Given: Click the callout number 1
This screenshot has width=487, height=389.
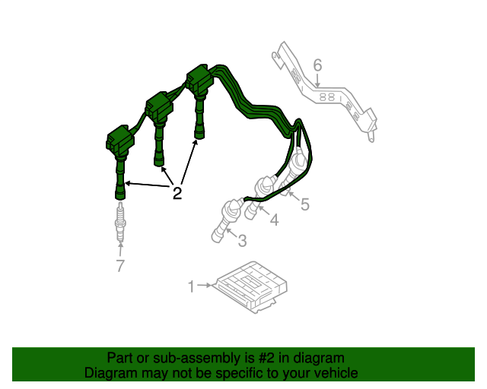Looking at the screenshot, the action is click(191, 286).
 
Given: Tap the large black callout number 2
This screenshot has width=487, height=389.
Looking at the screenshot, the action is click(177, 193).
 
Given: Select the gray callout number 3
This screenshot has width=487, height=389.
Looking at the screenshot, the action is click(242, 241).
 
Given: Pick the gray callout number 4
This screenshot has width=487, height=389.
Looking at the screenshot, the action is click(274, 220).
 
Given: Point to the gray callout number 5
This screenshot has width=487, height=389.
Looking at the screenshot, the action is click(305, 204).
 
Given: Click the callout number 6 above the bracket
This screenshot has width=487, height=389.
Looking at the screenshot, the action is click(317, 65).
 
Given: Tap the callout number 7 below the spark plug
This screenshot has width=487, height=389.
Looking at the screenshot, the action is click(120, 265).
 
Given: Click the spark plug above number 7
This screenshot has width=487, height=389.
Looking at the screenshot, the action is click(120, 222).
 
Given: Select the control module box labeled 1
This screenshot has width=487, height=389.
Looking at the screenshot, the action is click(252, 286).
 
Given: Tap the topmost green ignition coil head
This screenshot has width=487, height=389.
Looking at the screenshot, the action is click(199, 79).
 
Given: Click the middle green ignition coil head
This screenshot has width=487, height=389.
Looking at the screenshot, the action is click(159, 106).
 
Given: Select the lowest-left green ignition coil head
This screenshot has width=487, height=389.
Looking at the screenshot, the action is click(120, 140).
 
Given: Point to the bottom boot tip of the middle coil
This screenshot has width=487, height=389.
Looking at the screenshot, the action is click(159, 161).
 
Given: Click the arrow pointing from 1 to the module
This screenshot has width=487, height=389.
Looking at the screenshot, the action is click(204, 285).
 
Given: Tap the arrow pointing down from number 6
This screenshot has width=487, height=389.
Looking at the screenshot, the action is click(317, 80).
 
